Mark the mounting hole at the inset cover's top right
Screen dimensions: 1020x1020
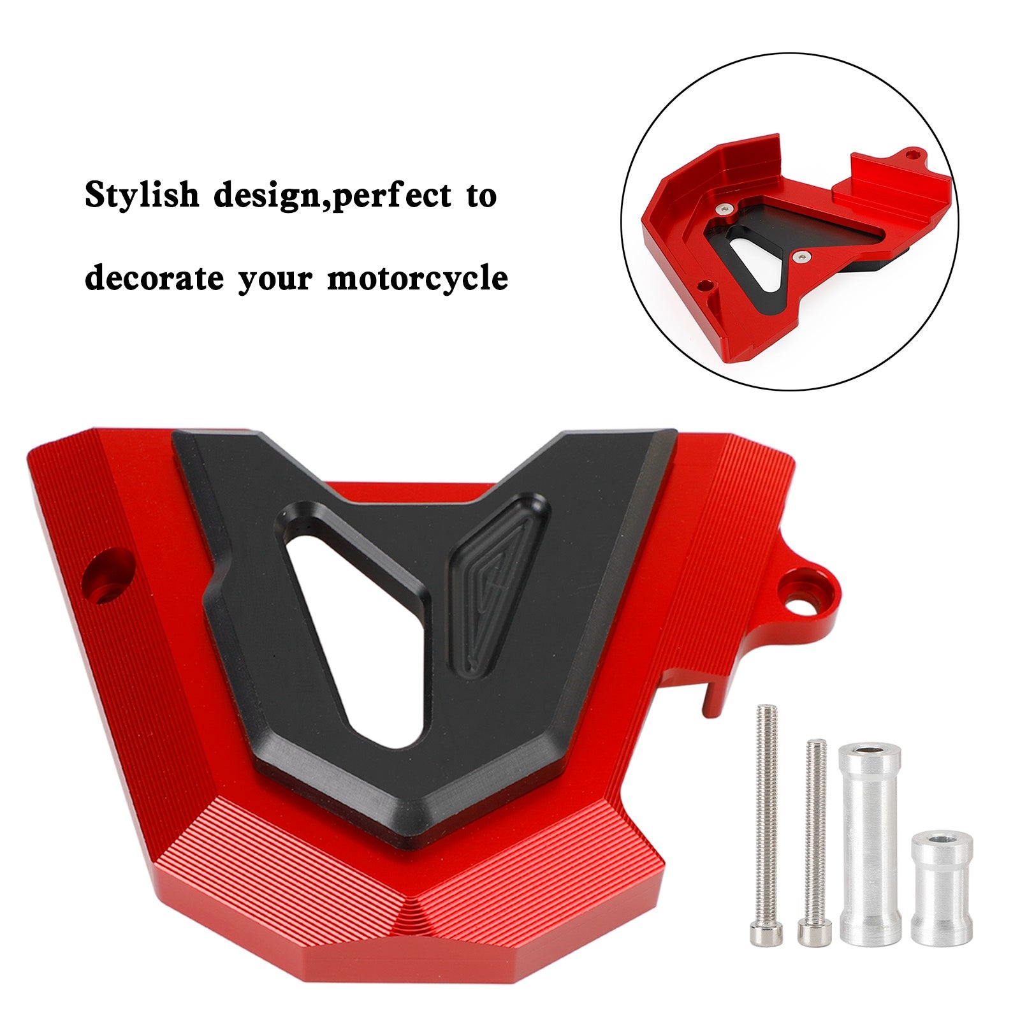pyautogui.click(x=915, y=154)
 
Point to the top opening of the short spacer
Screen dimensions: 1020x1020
pyautogui.click(x=942, y=840)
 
